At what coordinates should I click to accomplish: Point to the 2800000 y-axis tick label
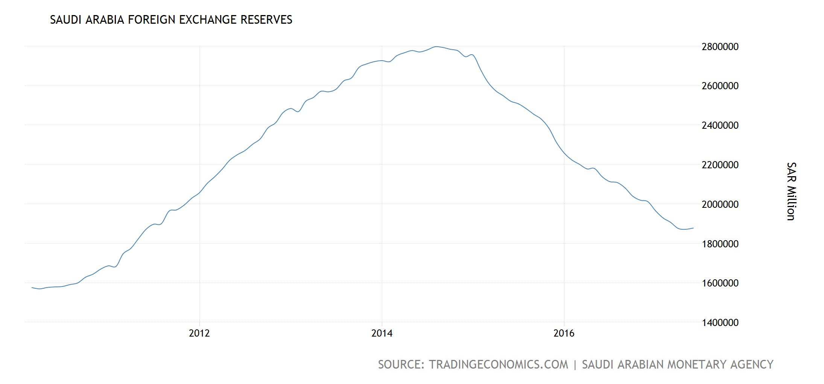[x=720, y=47]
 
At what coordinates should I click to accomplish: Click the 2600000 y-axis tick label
[x=720, y=86]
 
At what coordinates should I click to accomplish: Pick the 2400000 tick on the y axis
[x=720, y=125]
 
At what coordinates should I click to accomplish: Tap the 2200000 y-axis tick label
[x=720, y=165]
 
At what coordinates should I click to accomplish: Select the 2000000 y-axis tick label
[x=720, y=204]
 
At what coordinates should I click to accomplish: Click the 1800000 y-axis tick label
[x=720, y=244]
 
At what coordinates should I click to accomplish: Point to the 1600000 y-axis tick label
[x=720, y=283]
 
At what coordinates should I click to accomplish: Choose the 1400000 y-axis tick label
[x=720, y=323]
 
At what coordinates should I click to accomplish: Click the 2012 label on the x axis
[x=199, y=333]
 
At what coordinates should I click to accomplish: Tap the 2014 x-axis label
[x=382, y=333]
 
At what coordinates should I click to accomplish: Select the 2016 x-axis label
[x=564, y=333]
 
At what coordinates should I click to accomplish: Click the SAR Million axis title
[x=791, y=191]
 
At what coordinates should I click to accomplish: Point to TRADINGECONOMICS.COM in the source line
[x=499, y=364]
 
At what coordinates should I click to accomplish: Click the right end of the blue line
[x=693, y=228]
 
